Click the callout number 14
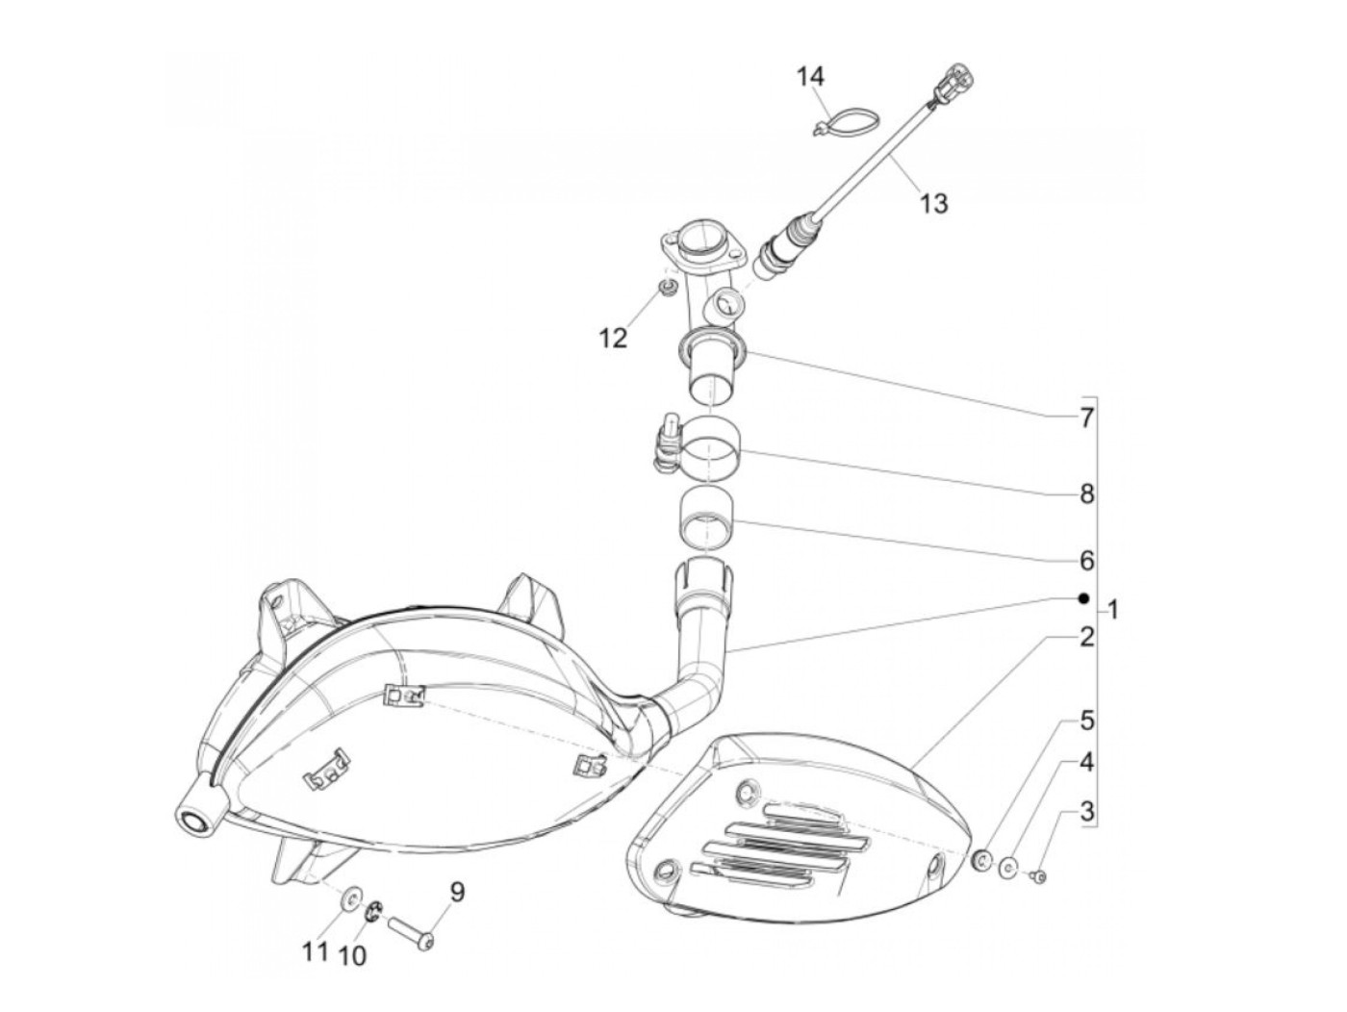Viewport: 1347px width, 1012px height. click(x=811, y=77)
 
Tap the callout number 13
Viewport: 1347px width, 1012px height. click(x=932, y=203)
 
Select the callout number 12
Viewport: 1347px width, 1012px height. click(x=613, y=338)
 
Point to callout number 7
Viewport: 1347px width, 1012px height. click(x=1086, y=418)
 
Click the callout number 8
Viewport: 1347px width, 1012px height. click(x=1086, y=494)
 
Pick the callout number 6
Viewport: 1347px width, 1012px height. click(x=1086, y=560)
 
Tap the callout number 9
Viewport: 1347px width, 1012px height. click(x=456, y=892)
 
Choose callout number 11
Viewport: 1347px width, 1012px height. click(x=316, y=952)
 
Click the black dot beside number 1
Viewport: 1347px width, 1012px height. click(x=1083, y=598)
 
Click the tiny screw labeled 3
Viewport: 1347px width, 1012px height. click(x=1038, y=876)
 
